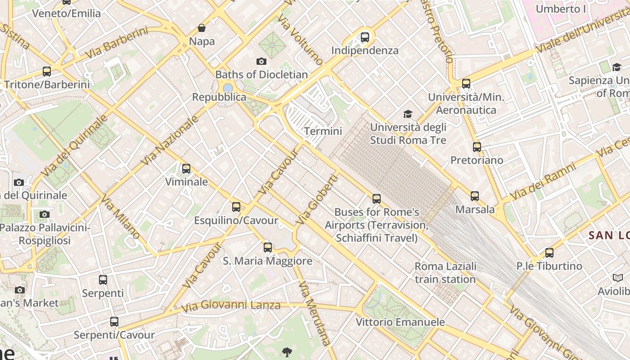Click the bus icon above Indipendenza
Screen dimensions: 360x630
click(x=365, y=37)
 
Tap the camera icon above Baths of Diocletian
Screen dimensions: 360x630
click(x=261, y=61)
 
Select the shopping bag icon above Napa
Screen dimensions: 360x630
click(x=202, y=28)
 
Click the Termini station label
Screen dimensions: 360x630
click(x=323, y=131)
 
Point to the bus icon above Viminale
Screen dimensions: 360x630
click(x=186, y=169)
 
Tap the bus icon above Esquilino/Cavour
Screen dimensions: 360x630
click(x=236, y=207)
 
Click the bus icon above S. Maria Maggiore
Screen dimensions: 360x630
click(x=268, y=247)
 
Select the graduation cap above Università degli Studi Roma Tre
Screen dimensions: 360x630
click(x=408, y=114)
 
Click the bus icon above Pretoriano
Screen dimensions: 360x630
click(x=477, y=147)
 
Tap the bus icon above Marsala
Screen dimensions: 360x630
click(x=475, y=196)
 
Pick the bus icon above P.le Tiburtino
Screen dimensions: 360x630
click(x=549, y=252)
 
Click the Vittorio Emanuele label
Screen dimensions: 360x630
click(x=400, y=322)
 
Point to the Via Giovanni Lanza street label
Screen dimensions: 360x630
click(x=231, y=306)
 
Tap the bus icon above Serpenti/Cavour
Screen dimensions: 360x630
click(x=114, y=322)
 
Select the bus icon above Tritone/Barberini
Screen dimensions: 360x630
click(x=47, y=71)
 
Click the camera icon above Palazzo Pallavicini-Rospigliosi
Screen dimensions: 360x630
click(x=44, y=214)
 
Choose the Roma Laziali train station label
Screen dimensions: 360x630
click(x=445, y=273)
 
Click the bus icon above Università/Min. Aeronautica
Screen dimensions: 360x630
click(x=466, y=83)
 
